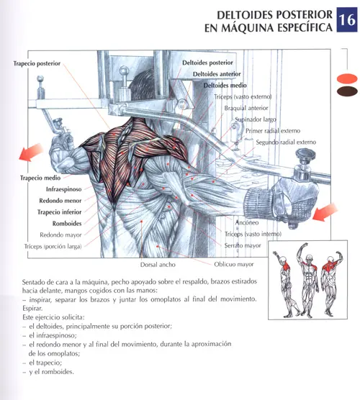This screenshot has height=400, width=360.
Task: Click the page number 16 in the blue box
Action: click(347, 20)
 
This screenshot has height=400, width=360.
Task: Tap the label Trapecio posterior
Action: click(37, 63)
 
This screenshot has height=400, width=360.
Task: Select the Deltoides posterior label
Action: click(207, 63)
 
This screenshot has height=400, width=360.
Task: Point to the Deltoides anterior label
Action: click(217, 74)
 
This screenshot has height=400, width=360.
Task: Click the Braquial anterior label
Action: click(246, 108)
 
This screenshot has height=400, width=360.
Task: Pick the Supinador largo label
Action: click(256, 119)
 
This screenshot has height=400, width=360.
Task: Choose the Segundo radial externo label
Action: click(286, 142)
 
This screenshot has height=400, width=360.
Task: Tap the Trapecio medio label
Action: click(40, 178)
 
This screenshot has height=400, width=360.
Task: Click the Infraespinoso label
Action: click(64, 189)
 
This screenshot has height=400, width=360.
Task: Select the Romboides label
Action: click(67, 224)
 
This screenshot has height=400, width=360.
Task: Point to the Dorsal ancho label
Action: click(158, 265)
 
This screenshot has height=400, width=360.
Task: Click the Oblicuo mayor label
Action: click(234, 264)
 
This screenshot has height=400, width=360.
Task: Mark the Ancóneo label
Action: click(247, 222)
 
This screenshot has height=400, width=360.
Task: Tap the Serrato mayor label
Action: click(243, 245)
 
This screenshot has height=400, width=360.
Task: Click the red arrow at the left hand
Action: click(31, 153)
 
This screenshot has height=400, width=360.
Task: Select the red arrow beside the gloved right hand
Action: click(325, 212)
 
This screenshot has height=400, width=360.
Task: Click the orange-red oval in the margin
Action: click(347, 78)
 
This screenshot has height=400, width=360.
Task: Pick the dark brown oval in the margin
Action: click(347, 91)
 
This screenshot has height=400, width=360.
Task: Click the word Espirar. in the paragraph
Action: click(32, 309)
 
